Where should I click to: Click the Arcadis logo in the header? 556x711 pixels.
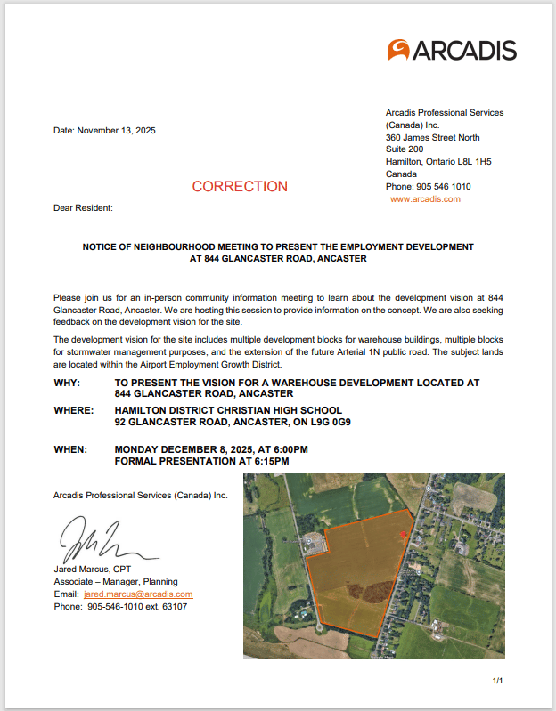pyautogui.click(x=452, y=50)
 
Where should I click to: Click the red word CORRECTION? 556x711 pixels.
pyautogui.click(x=240, y=187)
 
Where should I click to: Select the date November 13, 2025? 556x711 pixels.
pyautogui.click(x=117, y=131)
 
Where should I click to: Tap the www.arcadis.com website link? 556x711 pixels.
pyautogui.click(x=425, y=199)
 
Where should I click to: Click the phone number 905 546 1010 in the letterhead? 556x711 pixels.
pyautogui.click(x=442, y=187)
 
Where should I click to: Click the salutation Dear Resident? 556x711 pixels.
pyautogui.click(x=84, y=207)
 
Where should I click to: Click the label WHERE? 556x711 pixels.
pyautogui.click(x=73, y=410)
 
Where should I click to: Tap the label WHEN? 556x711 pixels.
pyautogui.click(x=70, y=450)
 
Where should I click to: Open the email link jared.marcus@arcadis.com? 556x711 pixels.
pyautogui.click(x=138, y=594)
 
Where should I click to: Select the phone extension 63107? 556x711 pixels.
pyautogui.click(x=174, y=606)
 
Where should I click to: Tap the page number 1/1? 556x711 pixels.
pyautogui.click(x=497, y=681)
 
